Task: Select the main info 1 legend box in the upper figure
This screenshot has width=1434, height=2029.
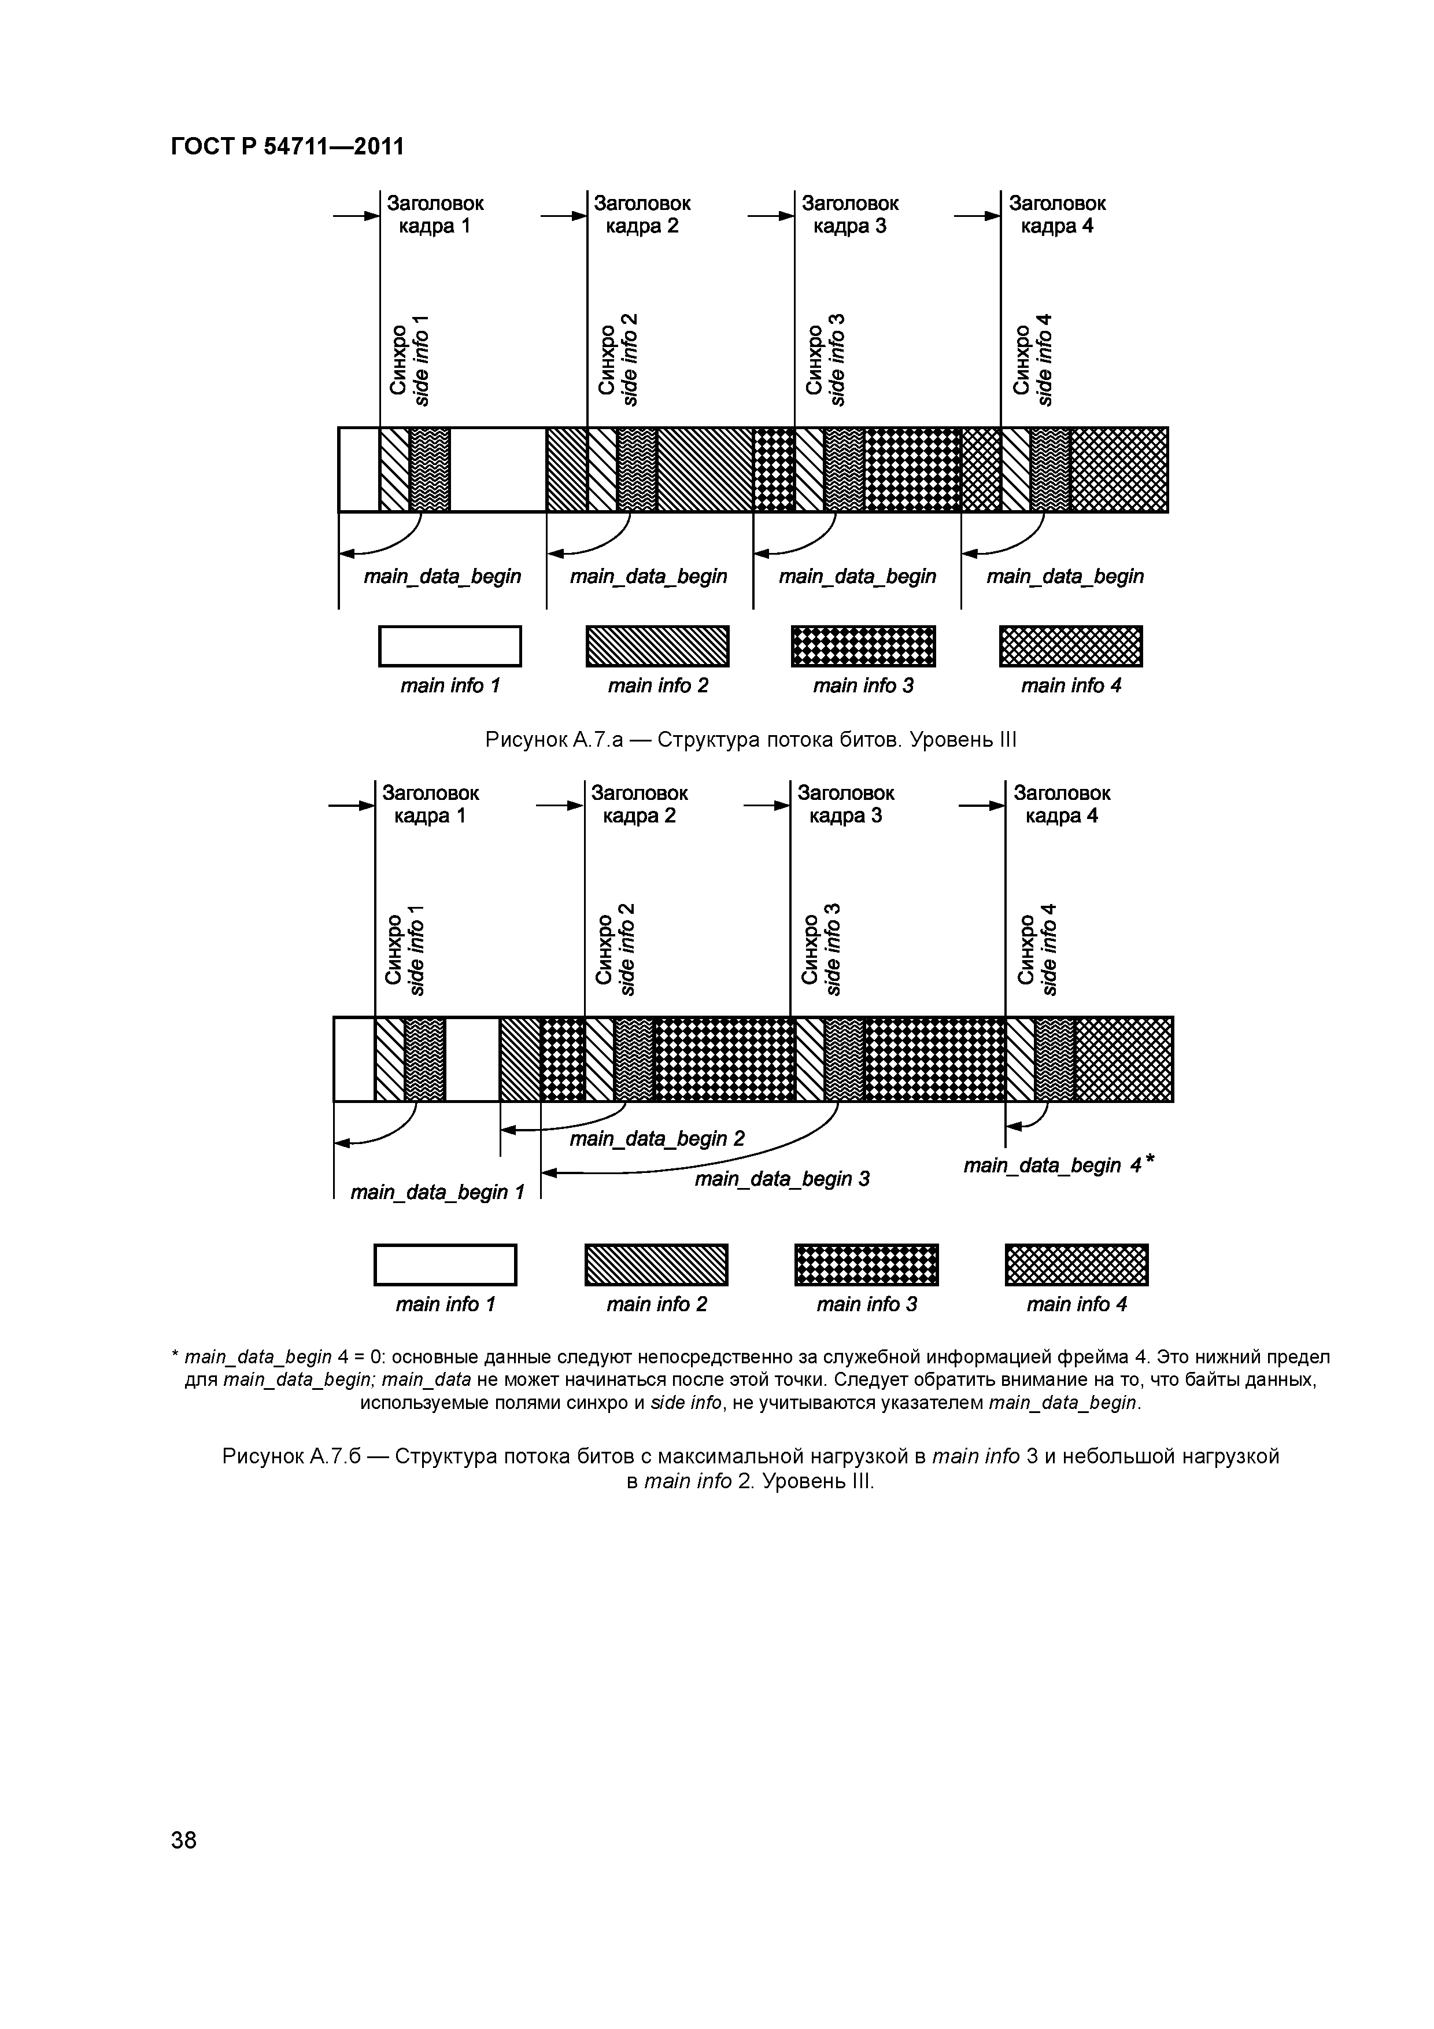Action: pyautogui.click(x=450, y=646)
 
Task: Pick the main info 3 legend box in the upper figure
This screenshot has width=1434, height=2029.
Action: pyautogui.click(x=863, y=646)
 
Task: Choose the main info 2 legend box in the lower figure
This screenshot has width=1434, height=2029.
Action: pyautogui.click(x=656, y=1264)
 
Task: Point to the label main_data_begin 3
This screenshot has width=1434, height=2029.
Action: pyautogui.click(x=782, y=1179)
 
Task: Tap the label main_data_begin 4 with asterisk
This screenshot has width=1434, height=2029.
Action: pyautogui.click(x=1058, y=1165)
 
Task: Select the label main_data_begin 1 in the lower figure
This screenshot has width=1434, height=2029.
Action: pyautogui.click(x=437, y=1192)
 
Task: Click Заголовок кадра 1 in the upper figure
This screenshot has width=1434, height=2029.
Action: pyautogui.click(x=435, y=215)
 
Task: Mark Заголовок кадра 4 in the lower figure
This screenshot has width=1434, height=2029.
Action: pyautogui.click(x=1061, y=804)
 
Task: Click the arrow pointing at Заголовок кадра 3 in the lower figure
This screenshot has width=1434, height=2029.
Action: pyautogui.click(x=765, y=805)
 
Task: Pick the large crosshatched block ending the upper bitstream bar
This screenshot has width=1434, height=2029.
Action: pyautogui.click(x=1118, y=469)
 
